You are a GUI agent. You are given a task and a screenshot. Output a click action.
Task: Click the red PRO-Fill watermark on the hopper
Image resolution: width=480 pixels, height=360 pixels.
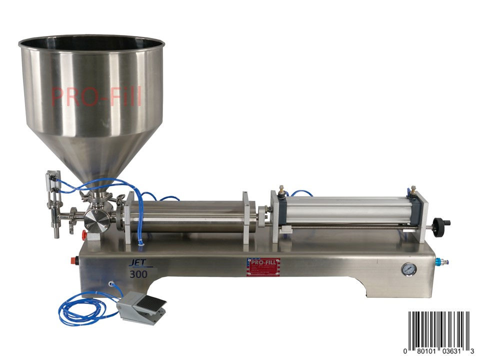coord(96,96)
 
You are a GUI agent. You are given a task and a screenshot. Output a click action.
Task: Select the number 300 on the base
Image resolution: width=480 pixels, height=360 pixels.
coord(135,274)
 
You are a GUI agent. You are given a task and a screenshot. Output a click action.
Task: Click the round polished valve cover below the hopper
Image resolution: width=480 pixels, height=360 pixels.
coord(94,220)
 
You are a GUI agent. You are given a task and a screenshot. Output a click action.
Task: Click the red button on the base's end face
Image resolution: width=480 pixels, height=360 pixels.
coord(76,260)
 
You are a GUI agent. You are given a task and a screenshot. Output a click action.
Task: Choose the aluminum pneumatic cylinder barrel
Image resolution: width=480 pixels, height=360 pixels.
coord(345,209)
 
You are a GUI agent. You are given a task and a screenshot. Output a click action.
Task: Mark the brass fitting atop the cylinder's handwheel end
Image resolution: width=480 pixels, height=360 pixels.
coord(413,189)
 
